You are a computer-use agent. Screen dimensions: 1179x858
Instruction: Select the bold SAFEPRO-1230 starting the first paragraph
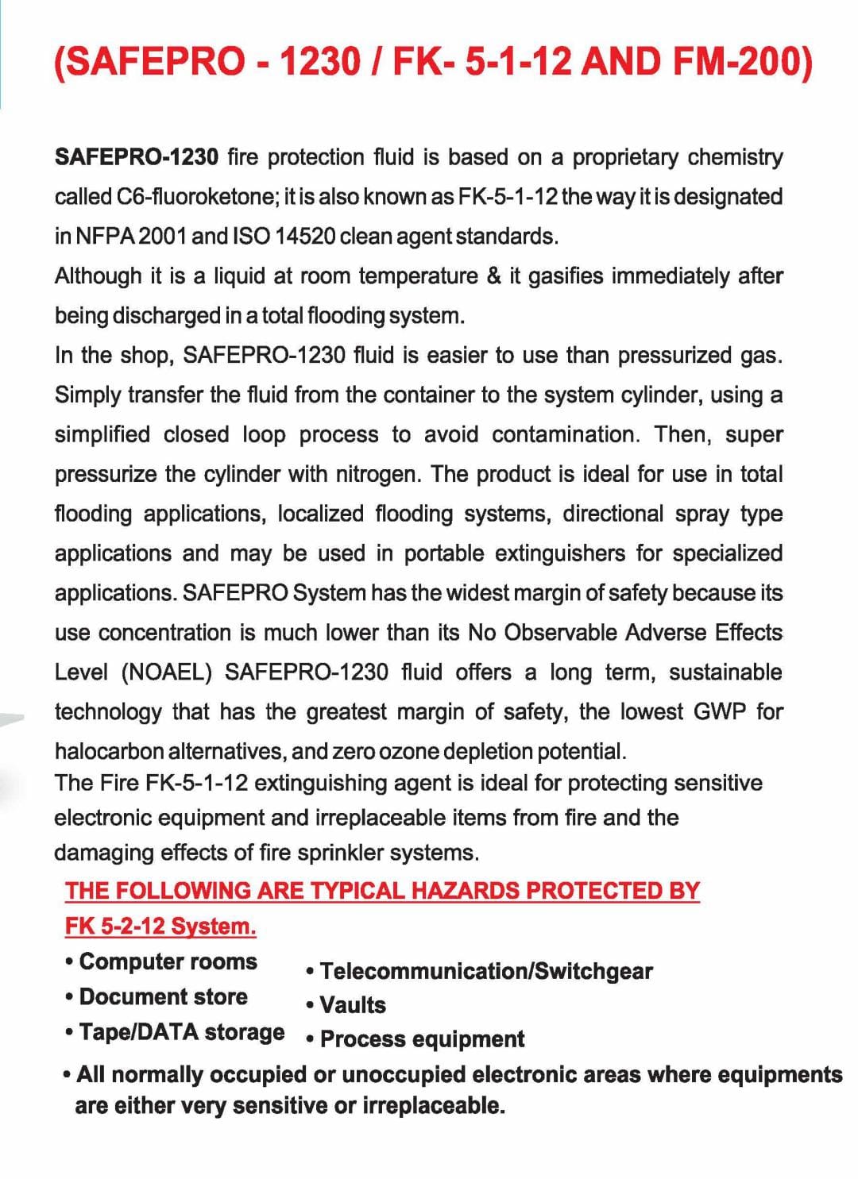click(137, 157)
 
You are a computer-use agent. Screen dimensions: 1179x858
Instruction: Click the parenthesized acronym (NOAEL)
click(167, 672)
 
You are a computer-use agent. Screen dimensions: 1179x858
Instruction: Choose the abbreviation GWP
click(720, 711)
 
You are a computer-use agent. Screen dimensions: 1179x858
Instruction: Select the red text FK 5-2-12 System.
click(160, 927)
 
